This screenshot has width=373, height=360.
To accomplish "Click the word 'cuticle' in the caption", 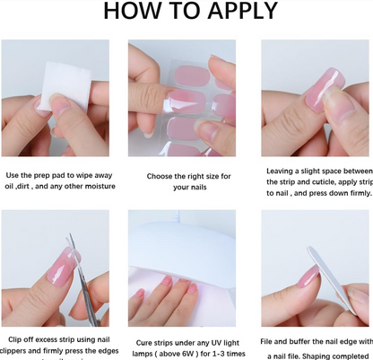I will (333, 181).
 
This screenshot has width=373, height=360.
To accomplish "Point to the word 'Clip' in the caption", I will (17, 339).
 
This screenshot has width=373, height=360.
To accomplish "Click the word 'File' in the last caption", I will (270, 339).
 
